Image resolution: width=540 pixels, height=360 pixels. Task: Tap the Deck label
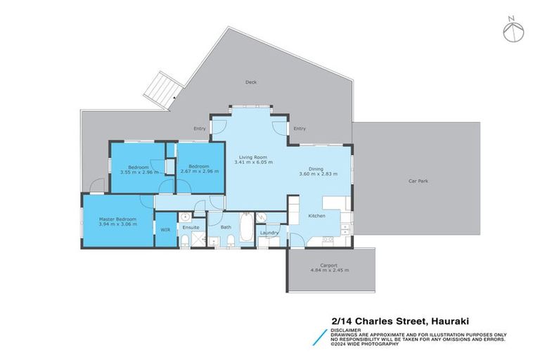pyautogui.click(x=250, y=82)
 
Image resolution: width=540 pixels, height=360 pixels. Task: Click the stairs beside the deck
pyautogui.click(x=159, y=91)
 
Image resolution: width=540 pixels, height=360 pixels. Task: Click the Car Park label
pyautogui.click(x=418, y=181)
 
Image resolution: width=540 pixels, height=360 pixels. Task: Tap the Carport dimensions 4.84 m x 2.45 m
pyautogui.click(x=329, y=270)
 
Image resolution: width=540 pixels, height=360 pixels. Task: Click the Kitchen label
pyautogui.click(x=316, y=216)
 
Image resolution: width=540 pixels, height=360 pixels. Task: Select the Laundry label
pyautogui.click(x=269, y=233)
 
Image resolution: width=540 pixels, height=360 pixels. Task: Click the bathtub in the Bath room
pyautogui.click(x=245, y=229)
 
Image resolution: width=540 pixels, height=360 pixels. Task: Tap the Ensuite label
pyautogui.click(x=191, y=228)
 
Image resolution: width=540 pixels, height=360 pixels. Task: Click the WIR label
pyautogui.click(x=165, y=229)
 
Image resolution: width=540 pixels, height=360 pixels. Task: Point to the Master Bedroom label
pyautogui.click(x=117, y=219)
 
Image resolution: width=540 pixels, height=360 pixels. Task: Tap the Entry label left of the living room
pyautogui.click(x=200, y=128)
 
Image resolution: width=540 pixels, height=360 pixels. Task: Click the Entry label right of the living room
pyautogui.click(x=300, y=128)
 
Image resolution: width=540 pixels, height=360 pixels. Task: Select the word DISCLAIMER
pyautogui.click(x=346, y=329)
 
